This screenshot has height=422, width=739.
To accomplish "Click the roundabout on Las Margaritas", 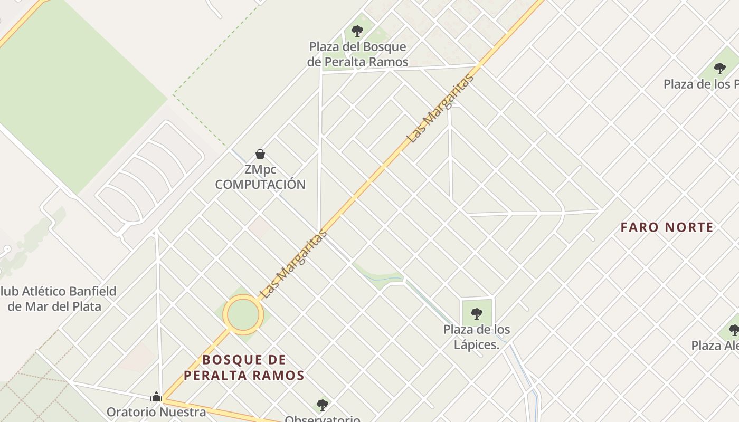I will click(243, 315).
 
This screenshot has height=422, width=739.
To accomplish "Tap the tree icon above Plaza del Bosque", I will click(357, 31).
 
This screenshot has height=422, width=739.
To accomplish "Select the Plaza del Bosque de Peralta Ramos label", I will click(358, 54).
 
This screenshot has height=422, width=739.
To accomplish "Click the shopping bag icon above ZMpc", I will click(260, 154).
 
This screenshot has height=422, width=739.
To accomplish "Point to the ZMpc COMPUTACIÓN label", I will click(260, 177).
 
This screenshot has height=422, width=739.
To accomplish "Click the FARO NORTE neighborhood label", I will click(667, 227).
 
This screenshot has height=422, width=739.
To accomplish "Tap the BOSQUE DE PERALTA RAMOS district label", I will click(244, 368).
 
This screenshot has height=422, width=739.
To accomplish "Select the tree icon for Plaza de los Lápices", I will click(477, 314).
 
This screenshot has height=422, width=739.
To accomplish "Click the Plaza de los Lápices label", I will click(477, 337).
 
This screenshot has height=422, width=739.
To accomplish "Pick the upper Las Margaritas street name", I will click(441, 109).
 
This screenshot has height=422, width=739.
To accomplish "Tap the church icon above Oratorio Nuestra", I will click(156, 396).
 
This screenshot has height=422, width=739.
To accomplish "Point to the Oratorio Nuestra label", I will click(156, 412).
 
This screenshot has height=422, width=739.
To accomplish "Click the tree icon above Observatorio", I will click(323, 405).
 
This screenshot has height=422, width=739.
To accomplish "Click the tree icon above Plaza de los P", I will click(719, 68).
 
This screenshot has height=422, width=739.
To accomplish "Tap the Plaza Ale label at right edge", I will click(715, 346).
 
